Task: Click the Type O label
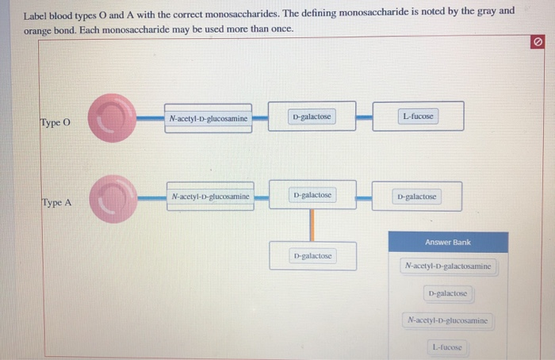pos(55,123)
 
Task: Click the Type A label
pos(56,202)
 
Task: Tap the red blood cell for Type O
pos(111,118)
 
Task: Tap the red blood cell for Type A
pos(111,197)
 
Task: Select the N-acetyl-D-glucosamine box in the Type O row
pos(208,119)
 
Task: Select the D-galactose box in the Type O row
pos(312,117)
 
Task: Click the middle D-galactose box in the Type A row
pos(312,194)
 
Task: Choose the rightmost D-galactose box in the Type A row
pos(416,196)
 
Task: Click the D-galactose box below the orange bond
pos(312,256)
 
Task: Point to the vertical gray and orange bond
pos(312,224)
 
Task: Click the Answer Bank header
pos(448,242)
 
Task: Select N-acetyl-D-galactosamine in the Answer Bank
pos(448,266)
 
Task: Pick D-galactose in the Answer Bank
pos(448,293)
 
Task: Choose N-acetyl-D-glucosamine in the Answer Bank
pos(448,320)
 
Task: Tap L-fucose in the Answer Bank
pos(448,347)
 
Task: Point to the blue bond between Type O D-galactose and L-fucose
pos(364,117)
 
